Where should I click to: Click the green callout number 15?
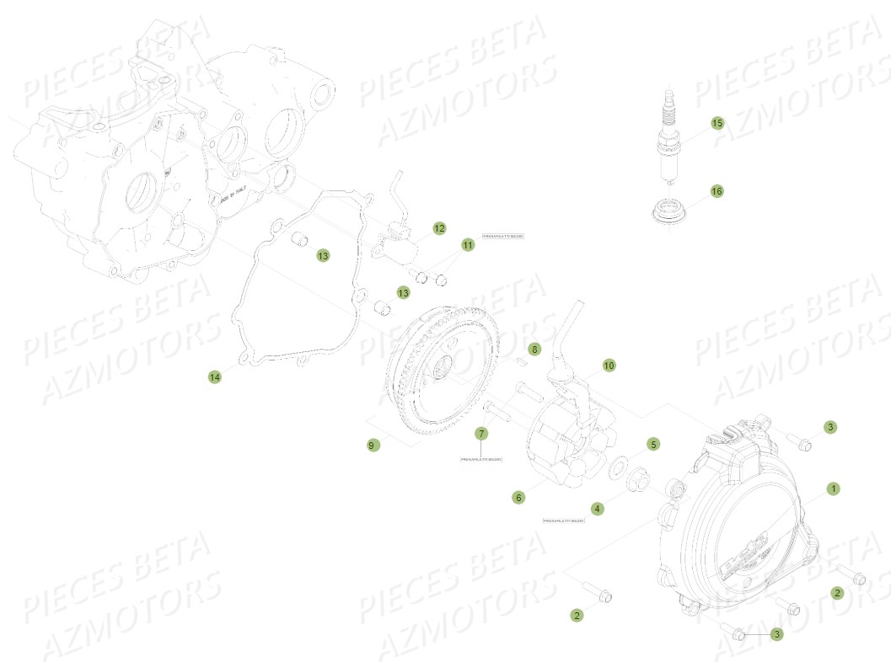click(717, 123)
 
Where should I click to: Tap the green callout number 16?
click(717, 191)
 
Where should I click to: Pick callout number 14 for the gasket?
click(215, 376)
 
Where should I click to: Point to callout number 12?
click(439, 228)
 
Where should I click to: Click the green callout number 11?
click(468, 245)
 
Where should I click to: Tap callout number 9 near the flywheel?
click(373, 445)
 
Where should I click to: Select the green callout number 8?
click(534, 348)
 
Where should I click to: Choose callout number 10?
click(609, 366)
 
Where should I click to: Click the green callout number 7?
click(481, 434)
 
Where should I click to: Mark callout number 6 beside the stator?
click(518, 498)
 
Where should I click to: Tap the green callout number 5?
click(653, 443)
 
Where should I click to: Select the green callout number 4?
click(597, 508)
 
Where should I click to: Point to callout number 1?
click(833, 488)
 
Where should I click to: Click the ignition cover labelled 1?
click(742, 522)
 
